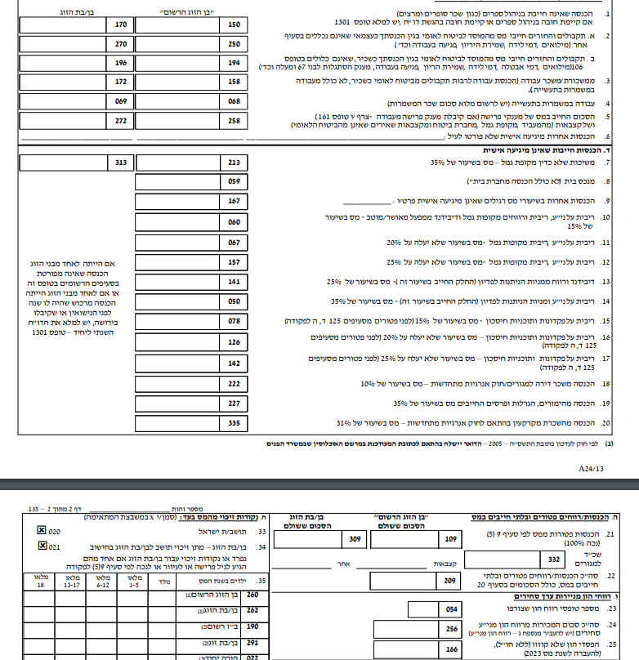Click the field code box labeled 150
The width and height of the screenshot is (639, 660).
(x=235, y=25)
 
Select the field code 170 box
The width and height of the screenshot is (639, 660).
(x=121, y=25)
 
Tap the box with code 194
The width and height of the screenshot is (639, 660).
(x=235, y=62)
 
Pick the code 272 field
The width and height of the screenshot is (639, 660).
(x=121, y=121)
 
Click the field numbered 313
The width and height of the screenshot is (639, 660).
(x=121, y=163)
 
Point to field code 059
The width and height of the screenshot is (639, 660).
(x=235, y=181)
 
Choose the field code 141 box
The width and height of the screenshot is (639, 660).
(x=235, y=281)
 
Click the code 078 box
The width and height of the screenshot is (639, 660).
(x=235, y=322)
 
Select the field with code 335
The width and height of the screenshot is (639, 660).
(x=235, y=423)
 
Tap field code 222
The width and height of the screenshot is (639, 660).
(x=235, y=383)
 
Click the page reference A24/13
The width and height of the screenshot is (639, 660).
(x=590, y=469)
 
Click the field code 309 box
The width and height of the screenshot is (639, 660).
(x=354, y=539)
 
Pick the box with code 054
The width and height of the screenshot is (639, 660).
(x=452, y=609)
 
